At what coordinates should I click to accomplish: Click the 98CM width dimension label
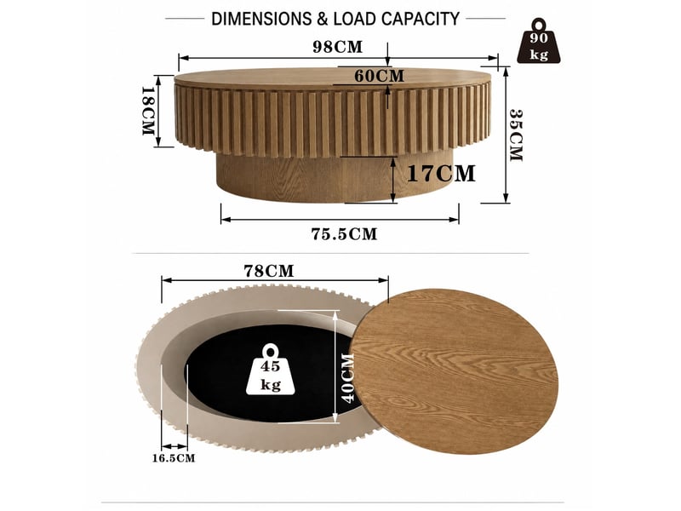(x=337, y=47)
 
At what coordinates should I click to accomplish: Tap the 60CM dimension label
(x=379, y=76)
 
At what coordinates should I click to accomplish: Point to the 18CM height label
(x=148, y=111)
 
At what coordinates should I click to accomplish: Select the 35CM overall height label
(x=516, y=135)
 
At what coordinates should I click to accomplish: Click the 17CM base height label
(x=441, y=174)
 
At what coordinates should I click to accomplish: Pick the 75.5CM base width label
(x=344, y=234)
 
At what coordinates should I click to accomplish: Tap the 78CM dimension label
(x=269, y=271)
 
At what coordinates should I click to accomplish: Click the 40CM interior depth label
(x=348, y=378)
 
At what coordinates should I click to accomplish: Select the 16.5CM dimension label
(x=174, y=458)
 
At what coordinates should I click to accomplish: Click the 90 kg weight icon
(x=539, y=42)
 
